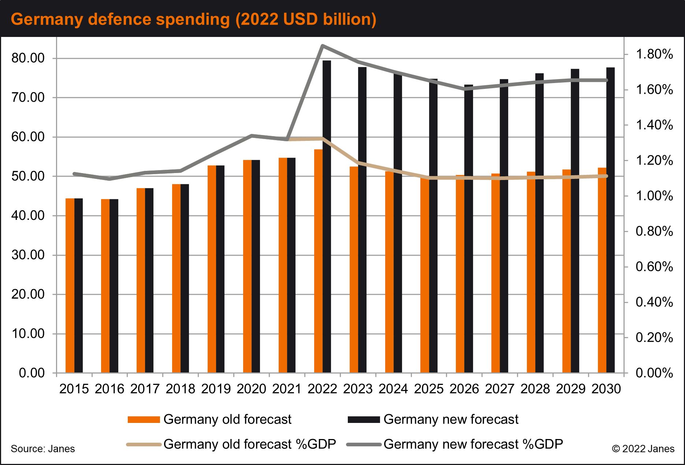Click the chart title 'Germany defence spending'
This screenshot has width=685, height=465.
click(120, 19)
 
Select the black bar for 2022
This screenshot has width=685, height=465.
click(327, 217)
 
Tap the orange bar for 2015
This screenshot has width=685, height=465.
click(70, 285)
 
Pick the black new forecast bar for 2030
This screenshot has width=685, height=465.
click(610, 220)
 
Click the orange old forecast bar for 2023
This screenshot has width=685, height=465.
click(354, 270)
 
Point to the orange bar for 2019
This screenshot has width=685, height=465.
click(212, 269)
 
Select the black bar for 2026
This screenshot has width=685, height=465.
click(469, 229)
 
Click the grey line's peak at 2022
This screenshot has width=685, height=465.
click(322, 46)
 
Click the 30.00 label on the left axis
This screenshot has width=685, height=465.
click(27, 255)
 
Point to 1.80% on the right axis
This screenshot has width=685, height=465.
click(654, 54)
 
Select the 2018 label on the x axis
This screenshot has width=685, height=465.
click(180, 389)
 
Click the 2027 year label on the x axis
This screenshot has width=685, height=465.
click(500, 389)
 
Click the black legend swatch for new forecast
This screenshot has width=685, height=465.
click(364, 420)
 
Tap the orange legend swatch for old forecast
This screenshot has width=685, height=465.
click(144, 420)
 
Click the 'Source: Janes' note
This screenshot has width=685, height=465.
click(43, 449)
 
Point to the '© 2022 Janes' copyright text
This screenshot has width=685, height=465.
click(643, 449)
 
